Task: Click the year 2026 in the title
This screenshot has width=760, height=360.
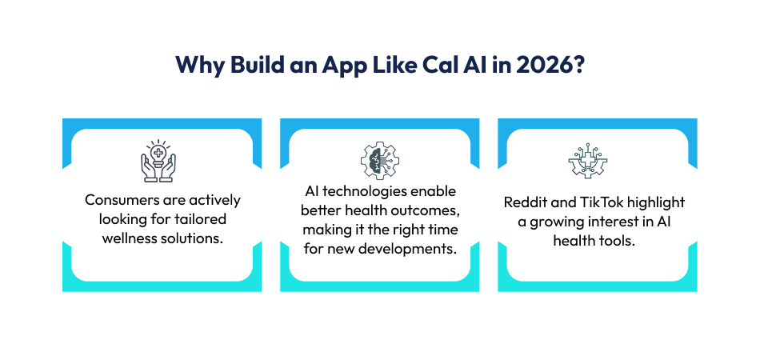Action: (x=546, y=66)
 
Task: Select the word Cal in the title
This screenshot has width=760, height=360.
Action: (x=441, y=66)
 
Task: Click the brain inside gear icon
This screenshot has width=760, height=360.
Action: (x=379, y=162)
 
